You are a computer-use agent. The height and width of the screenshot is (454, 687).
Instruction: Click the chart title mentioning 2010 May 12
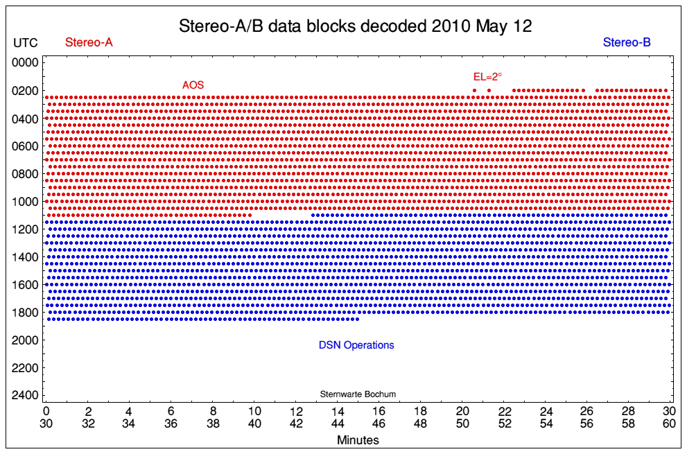tap(355, 26)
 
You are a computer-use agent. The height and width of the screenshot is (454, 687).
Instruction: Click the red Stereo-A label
tap(89, 43)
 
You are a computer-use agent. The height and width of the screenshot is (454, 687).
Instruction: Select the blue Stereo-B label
tap(627, 43)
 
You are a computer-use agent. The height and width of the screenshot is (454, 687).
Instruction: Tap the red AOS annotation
tap(193, 85)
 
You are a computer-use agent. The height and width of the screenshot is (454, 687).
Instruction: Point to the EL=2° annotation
tap(487, 77)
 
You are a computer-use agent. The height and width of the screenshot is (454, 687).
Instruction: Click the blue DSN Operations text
tap(356, 345)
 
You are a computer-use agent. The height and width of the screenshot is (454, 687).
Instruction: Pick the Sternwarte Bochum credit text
tap(358, 394)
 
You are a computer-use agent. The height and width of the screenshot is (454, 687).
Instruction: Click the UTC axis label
tap(26, 43)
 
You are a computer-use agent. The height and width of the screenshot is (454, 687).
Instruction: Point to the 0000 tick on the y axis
tap(26, 63)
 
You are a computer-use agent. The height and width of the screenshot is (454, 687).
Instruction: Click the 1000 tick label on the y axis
tap(26, 202)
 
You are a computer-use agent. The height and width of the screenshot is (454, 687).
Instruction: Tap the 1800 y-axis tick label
tap(26, 313)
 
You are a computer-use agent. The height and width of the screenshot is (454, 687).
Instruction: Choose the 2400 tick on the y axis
tap(26, 396)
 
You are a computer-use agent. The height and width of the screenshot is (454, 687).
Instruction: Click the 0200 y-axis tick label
tap(26, 91)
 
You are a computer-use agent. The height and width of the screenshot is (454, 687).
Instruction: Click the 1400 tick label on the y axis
tap(26, 257)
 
